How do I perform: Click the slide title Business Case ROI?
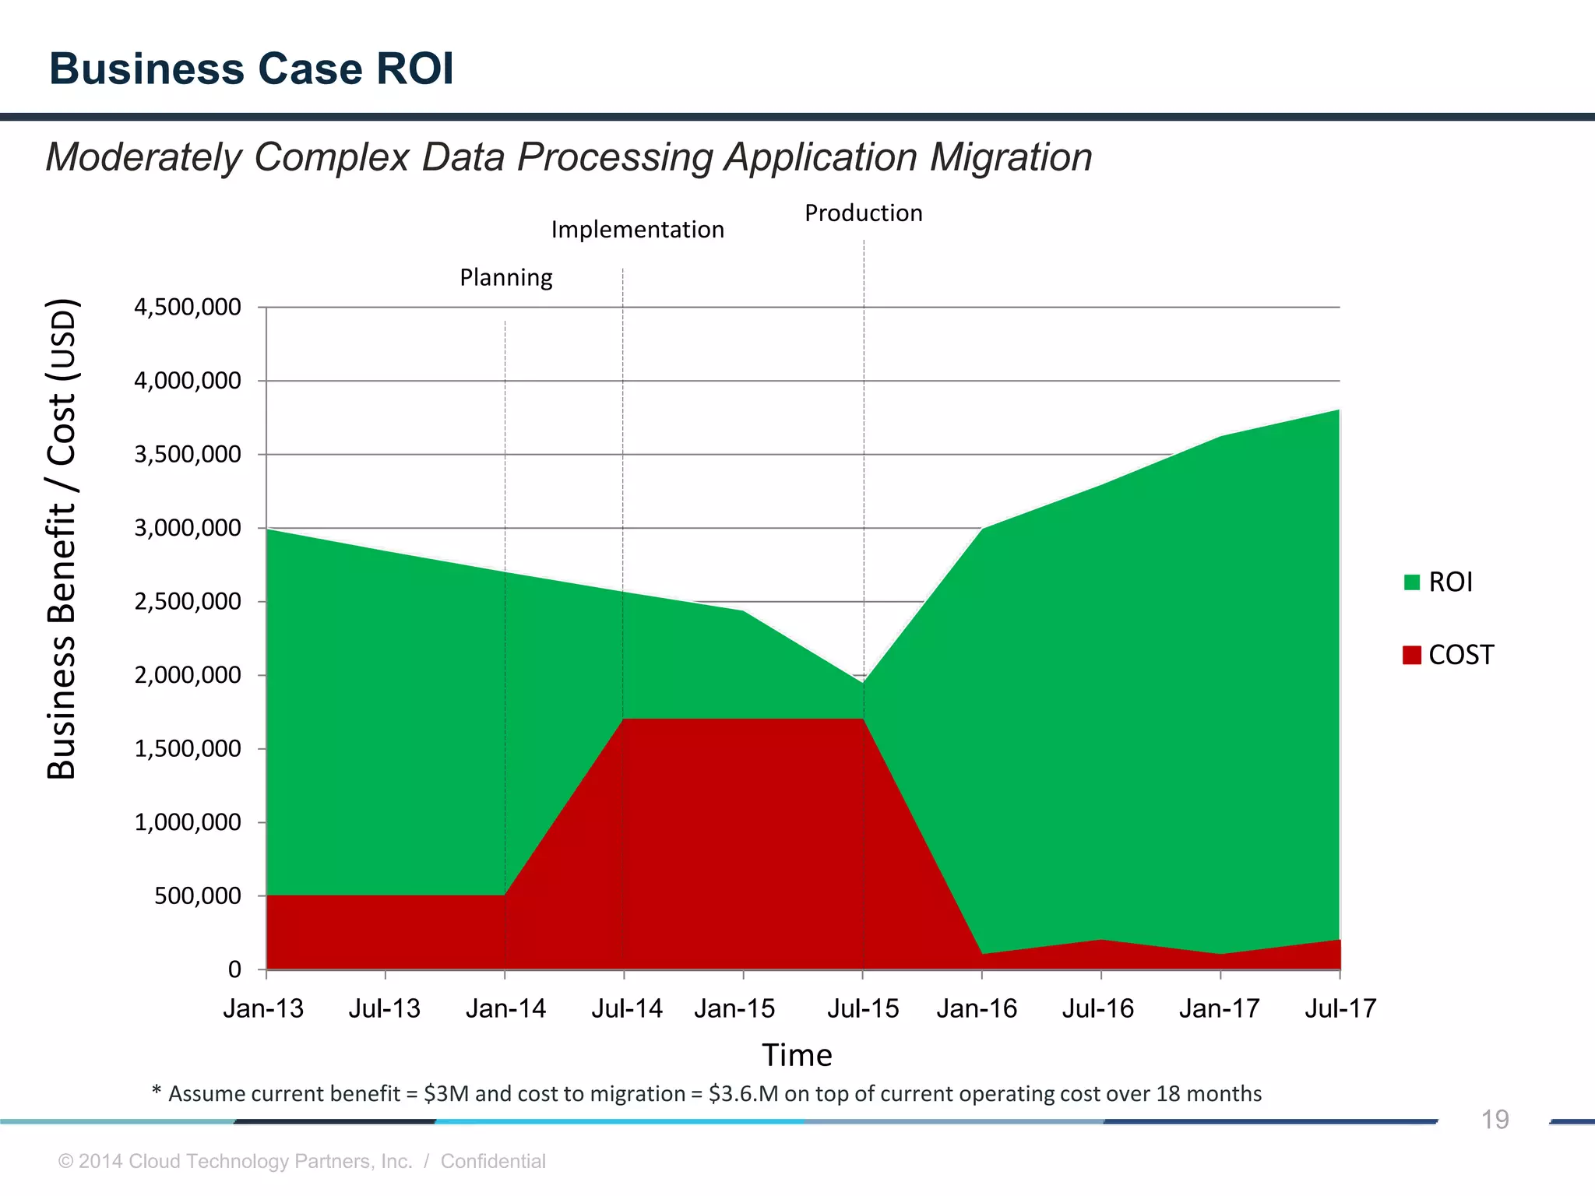point(251,69)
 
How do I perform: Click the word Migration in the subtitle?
point(1011,157)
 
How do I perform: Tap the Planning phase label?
point(505,277)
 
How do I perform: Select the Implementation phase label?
point(637,230)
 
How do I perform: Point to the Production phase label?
point(863,213)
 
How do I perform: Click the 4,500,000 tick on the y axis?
point(188,307)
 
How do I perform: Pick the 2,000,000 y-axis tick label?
point(188,675)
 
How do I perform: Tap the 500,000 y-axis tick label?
point(198,896)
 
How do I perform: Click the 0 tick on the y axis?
point(234,969)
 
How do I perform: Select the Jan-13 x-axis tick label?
point(263,1009)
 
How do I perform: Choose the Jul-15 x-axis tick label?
point(863,1009)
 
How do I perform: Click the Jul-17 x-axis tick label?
point(1340,1009)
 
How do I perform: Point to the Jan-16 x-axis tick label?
point(977,1009)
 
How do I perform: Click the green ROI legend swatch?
point(1411,582)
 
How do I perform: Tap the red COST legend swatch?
point(1411,655)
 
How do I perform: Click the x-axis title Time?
point(797,1055)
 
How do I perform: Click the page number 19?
point(1495,1120)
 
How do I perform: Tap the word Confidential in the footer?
point(493,1161)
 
